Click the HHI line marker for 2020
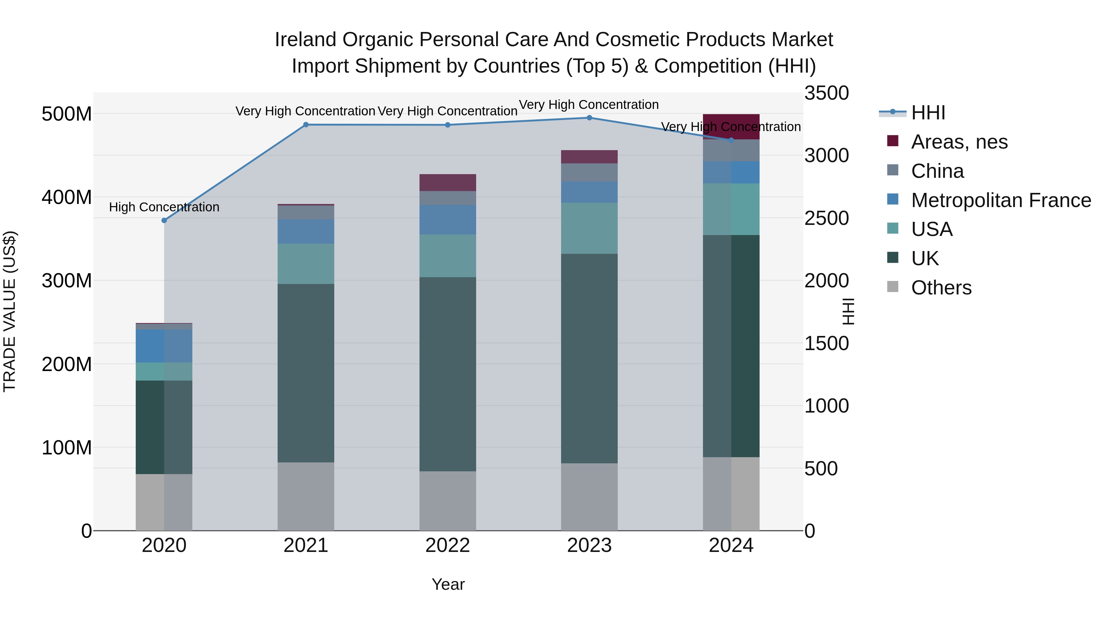164,221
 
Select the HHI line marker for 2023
589,118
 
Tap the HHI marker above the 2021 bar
306,125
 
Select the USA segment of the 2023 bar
589,228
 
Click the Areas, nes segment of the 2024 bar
731,126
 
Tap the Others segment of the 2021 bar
306,496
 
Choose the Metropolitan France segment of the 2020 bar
164,346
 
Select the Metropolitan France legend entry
1001,200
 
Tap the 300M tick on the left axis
67,281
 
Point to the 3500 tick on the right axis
826,93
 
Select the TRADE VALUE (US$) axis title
10,311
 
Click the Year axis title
448,584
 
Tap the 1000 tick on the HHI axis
826,406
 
